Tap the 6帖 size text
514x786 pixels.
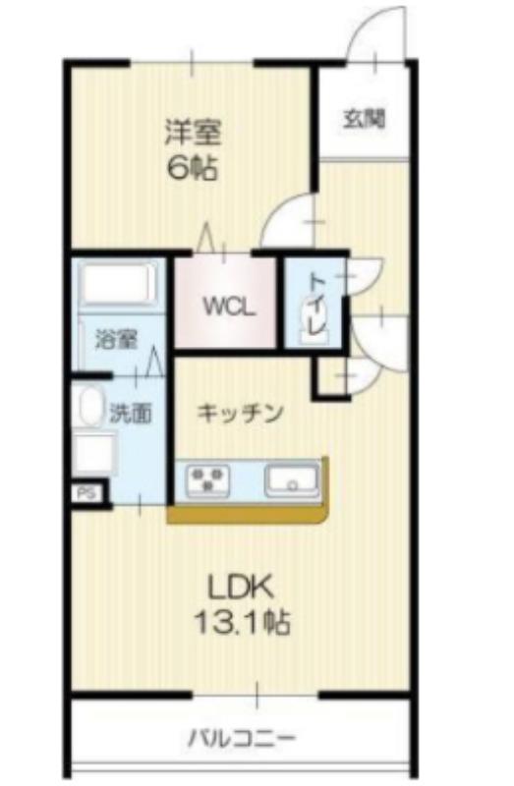192,167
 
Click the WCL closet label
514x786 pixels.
229,306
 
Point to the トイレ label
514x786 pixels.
316,300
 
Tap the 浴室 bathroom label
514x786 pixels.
115,341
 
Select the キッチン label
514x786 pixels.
241,413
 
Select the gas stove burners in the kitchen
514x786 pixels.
208,480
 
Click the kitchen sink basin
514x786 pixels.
292,481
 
